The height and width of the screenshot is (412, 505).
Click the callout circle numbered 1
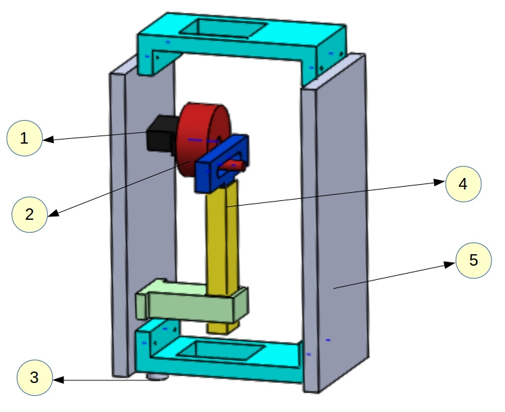pyautogui.click(x=24, y=138)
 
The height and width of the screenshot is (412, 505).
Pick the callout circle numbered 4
pyautogui.click(x=462, y=183)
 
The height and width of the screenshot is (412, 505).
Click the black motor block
pyautogui.click(x=161, y=132)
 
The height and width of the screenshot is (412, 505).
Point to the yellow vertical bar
pyautogui.click(x=222, y=256)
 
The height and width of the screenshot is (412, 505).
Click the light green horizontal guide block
pyautogui.click(x=189, y=303)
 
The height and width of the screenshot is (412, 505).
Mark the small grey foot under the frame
pyautogui.click(x=157, y=376)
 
